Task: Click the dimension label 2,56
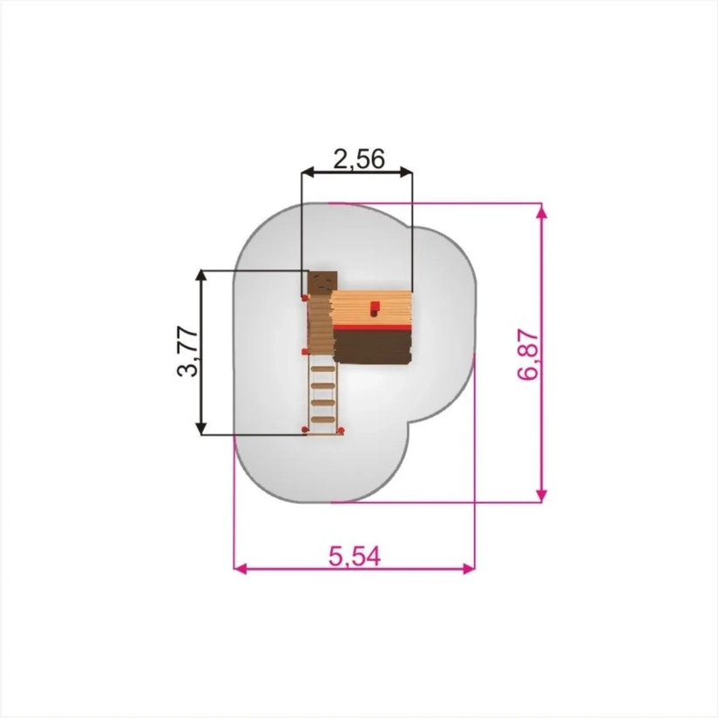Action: click(x=359, y=159)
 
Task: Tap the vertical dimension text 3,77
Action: click(x=187, y=352)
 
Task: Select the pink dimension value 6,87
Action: click(x=528, y=355)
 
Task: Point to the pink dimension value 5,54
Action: click(x=355, y=556)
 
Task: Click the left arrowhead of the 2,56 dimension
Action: click(x=308, y=173)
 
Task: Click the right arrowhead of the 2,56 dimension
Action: click(x=407, y=173)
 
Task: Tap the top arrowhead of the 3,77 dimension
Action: click(x=201, y=276)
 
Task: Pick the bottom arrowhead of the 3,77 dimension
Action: click(x=201, y=429)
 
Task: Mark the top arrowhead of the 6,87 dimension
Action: click(x=541, y=209)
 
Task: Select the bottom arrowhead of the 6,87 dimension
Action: click(x=541, y=496)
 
